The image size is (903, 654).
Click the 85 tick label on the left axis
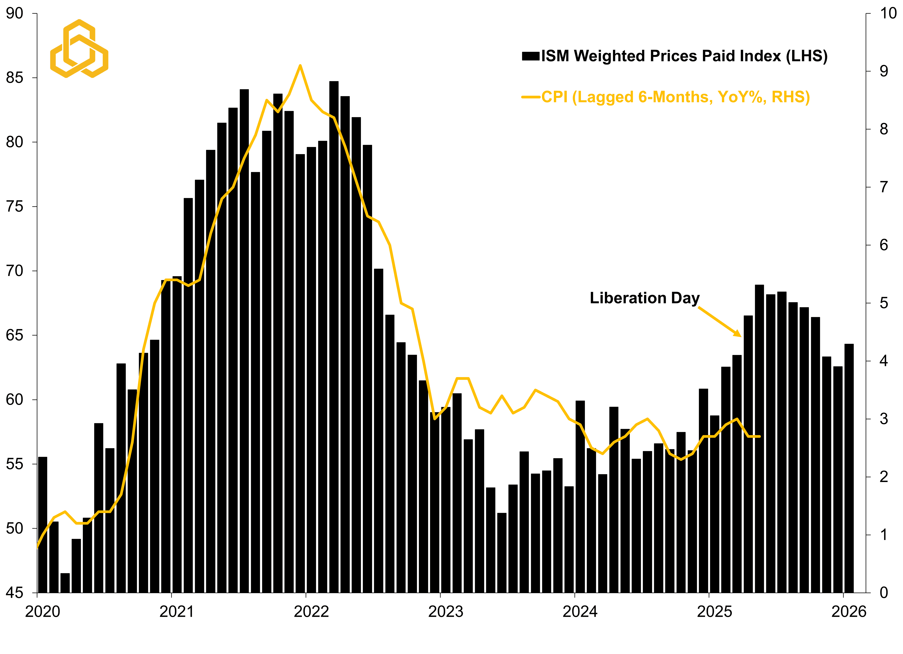[x=15, y=78]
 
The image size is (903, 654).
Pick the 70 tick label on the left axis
[x=15, y=271]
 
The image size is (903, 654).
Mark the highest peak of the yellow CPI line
[x=300, y=66]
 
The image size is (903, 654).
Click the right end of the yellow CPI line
[x=760, y=436]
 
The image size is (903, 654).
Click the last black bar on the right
[x=849, y=466]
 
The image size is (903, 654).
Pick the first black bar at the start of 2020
[x=43, y=525]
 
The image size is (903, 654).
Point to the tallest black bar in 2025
[x=759, y=438]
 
